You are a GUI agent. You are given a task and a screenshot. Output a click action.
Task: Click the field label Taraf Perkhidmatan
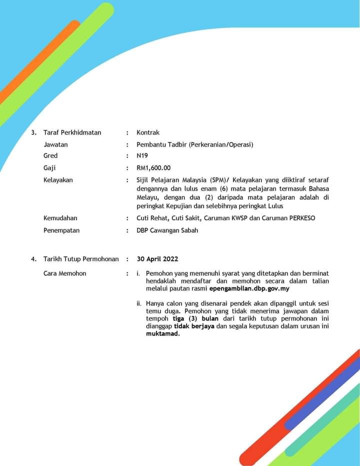click(x=72, y=133)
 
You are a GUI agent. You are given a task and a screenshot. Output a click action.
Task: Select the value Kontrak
click(x=148, y=133)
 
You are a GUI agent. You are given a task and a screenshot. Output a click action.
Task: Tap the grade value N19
click(x=142, y=156)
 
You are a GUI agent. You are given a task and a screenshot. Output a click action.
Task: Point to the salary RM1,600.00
click(x=153, y=168)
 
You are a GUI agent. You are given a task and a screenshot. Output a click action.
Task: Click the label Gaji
click(x=49, y=168)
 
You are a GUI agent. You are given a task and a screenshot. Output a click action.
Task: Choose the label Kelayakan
click(x=58, y=180)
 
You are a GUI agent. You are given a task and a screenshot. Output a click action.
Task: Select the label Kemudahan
click(x=60, y=218)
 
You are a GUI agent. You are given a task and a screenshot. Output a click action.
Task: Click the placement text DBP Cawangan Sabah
click(x=167, y=231)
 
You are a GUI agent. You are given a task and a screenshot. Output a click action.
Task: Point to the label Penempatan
click(x=61, y=231)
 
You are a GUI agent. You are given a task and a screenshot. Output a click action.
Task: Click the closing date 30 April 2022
click(x=157, y=259)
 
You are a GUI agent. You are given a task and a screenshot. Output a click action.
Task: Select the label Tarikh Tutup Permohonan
click(x=81, y=259)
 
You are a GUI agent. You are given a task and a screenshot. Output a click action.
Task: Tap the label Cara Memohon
click(x=64, y=273)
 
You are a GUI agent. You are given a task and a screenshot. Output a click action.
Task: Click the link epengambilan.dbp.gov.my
click(x=249, y=289)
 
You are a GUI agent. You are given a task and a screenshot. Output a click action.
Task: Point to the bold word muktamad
click(x=162, y=334)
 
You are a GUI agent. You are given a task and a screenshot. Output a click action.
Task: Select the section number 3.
click(x=33, y=133)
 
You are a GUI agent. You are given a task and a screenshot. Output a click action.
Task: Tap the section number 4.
click(x=33, y=259)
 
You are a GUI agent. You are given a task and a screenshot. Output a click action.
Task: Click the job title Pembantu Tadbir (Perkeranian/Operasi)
click(x=195, y=145)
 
